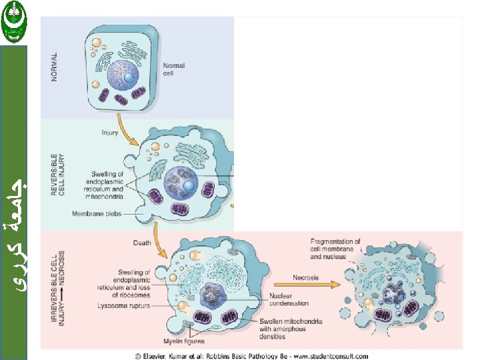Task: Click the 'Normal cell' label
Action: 173,69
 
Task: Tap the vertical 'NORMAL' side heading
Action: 55,67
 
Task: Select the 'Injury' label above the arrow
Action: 110,132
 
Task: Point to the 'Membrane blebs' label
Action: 97,214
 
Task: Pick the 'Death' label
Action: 142,243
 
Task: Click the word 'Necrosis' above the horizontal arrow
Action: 306,277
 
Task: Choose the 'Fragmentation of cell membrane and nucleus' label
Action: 335,249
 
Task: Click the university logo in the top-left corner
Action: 13,21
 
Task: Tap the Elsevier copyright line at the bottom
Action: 251,355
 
